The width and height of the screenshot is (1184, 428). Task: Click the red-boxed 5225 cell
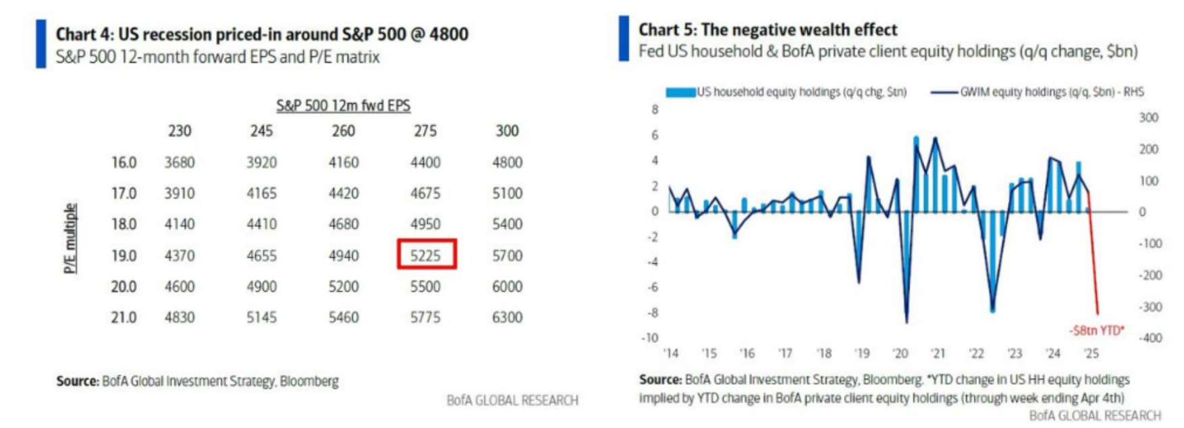click(x=426, y=255)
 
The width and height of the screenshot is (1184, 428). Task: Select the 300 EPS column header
click(x=507, y=131)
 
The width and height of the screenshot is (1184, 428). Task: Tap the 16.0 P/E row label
click(x=124, y=163)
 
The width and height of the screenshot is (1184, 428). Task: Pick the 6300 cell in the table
click(x=507, y=317)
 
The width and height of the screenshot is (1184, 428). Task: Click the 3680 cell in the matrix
click(x=180, y=163)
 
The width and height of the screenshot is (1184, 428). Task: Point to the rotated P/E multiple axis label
click(x=70, y=238)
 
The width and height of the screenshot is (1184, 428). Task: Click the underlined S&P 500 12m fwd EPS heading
click(x=343, y=106)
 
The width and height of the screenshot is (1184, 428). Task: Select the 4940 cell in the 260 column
click(x=344, y=256)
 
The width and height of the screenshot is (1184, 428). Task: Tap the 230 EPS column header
click(x=180, y=131)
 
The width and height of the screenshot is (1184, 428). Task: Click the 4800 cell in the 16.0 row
click(x=507, y=163)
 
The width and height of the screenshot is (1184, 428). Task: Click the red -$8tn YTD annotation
click(x=1096, y=330)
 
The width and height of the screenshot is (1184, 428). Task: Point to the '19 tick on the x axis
click(x=862, y=353)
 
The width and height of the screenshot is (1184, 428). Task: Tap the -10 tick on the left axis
click(x=649, y=338)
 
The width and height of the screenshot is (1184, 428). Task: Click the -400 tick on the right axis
click(x=1150, y=338)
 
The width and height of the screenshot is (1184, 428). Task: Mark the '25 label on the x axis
click(x=1091, y=353)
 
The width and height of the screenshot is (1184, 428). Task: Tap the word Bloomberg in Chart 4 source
click(x=309, y=381)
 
